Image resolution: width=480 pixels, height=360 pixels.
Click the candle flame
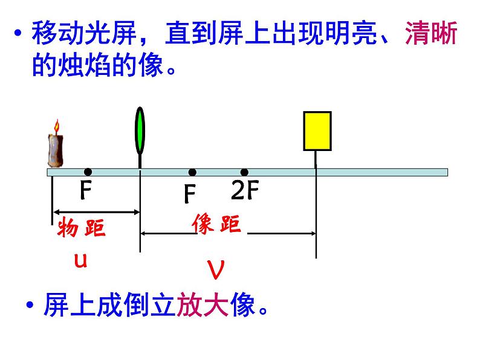57,127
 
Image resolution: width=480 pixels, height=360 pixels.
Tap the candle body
56,149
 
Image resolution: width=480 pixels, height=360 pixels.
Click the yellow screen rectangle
317,130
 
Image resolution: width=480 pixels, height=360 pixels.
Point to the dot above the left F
88,172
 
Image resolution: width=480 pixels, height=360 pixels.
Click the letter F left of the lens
86,191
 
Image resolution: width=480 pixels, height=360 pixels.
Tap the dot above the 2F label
244,172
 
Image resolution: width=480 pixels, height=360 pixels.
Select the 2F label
245,191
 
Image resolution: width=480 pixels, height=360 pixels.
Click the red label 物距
81,229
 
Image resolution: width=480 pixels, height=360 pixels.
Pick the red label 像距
216,224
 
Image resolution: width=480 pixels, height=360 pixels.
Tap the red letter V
216,269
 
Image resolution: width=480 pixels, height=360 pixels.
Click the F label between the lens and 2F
190,193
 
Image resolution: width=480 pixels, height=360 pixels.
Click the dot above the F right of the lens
192,172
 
